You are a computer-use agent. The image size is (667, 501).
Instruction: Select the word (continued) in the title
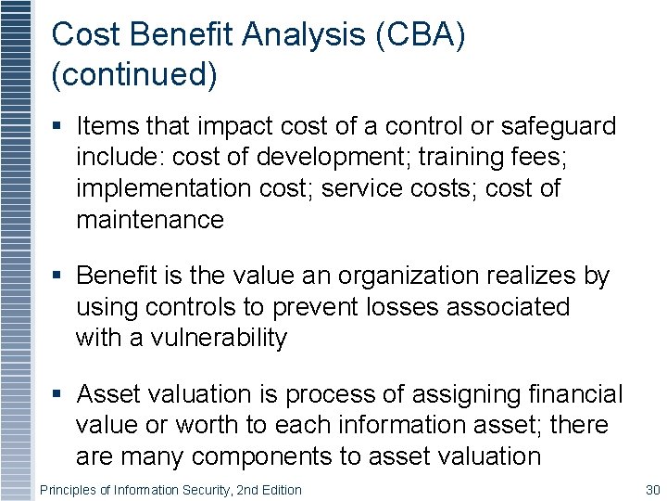tap(134, 75)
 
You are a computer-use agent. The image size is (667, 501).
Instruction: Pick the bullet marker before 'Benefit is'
tap(57, 276)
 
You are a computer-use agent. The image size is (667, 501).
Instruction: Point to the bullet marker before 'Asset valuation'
tap(57, 395)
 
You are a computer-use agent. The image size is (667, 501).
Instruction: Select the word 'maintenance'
tap(150, 220)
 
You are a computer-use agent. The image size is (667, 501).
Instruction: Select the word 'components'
tap(276, 456)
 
